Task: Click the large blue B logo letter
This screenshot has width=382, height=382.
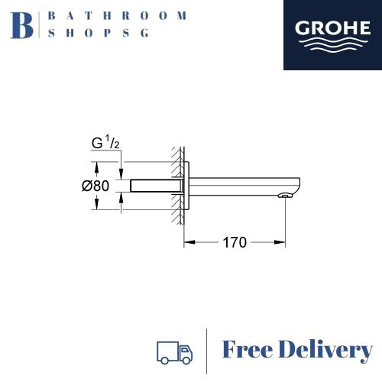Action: point(22,25)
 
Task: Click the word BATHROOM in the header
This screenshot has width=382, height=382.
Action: point(118,16)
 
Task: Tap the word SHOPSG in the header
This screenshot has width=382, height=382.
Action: point(99,33)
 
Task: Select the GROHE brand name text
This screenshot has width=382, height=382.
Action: point(332,28)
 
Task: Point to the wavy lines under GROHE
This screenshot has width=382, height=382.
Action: point(332,45)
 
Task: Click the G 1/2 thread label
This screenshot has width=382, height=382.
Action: point(105,143)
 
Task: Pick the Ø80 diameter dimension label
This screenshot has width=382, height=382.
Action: point(95,186)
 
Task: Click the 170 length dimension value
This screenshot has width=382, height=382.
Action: point(235,242)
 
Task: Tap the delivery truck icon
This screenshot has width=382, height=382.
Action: point(175,353)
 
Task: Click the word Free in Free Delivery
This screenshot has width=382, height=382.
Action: point(248,349)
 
